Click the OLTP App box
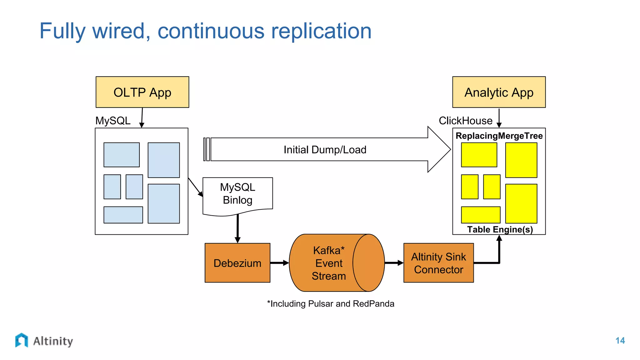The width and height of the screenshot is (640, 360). coord(142,92)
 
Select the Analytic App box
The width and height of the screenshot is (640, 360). coord(499,92)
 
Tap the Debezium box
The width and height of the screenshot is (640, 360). coord(237,263)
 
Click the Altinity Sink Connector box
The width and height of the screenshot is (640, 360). coord(438,263)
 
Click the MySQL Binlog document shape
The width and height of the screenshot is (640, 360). coord(237,194)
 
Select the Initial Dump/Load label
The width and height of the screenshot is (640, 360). coord(325,150)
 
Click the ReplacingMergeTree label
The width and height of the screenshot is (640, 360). coord(499,136)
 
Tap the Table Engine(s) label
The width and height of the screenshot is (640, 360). coord(500,229)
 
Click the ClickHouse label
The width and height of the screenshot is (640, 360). coord(465,121)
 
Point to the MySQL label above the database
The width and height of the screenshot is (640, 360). coord(113,121)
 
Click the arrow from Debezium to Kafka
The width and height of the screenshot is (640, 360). coord(279,263)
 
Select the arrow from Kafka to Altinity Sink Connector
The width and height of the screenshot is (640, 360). coord(394,263)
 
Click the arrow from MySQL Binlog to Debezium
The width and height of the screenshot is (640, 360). coord(237,228)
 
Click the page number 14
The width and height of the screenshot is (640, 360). coord(620,341)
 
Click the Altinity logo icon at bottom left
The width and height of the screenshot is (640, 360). coord(22,340)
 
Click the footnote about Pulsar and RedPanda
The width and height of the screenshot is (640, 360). coord(331,304)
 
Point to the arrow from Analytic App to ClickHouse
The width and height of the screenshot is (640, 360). coord(499,118)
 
